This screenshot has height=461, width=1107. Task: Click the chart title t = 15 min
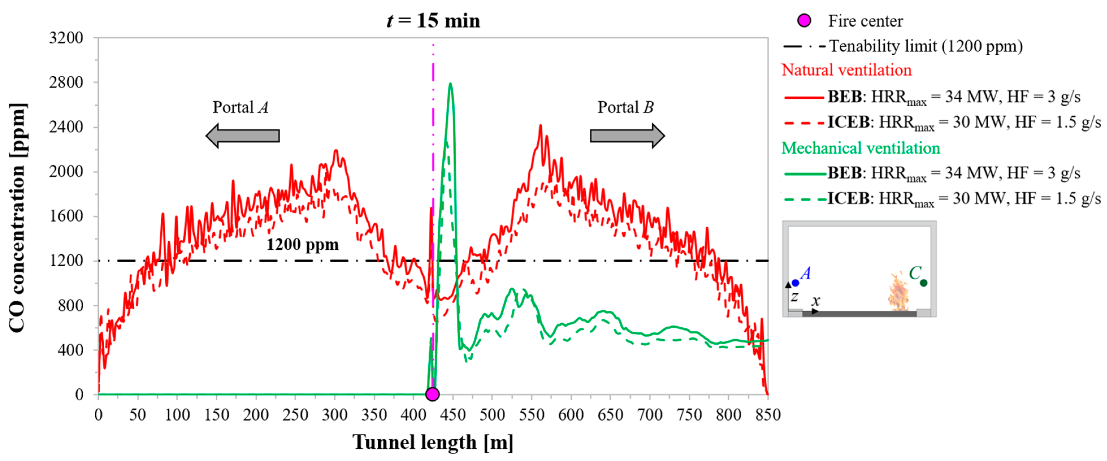coord(433,21)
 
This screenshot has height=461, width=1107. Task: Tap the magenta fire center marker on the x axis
coord(432,394)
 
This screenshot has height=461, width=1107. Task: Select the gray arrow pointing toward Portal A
coord(243,136)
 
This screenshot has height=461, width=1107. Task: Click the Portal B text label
coord(625,107)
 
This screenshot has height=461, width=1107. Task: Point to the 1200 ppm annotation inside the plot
coord(303,245)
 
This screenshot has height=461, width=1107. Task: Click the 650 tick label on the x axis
coord(610,415)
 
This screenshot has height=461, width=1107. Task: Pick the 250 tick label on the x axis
coord(295,415)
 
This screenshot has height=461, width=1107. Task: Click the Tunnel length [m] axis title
coord(433,442)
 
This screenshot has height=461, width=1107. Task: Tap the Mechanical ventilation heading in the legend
coord(860,148)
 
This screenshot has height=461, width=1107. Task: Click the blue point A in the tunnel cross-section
coord(795,283)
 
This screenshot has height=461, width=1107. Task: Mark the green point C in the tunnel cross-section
coord(924,283)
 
